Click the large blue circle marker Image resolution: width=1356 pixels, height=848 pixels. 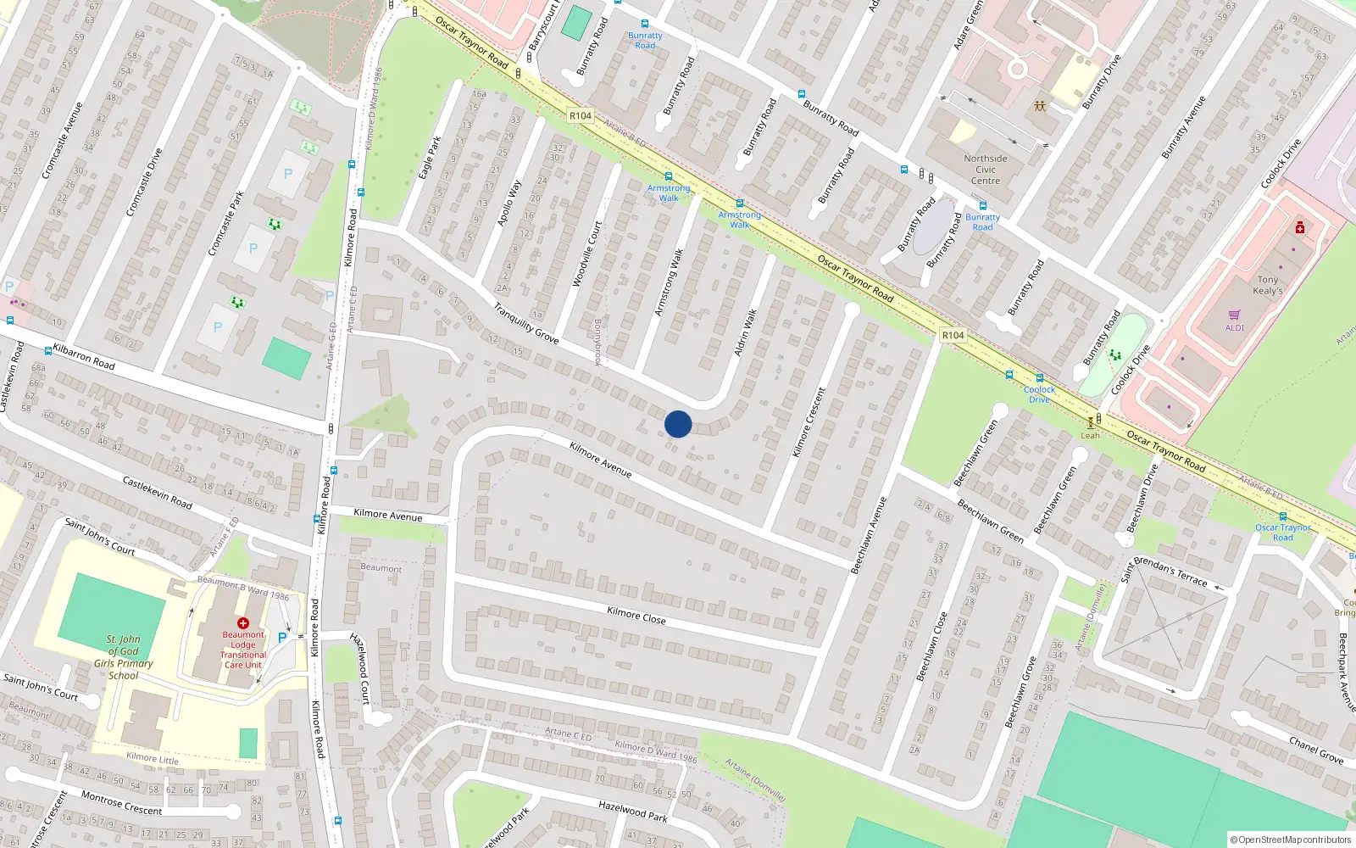coord(678,424)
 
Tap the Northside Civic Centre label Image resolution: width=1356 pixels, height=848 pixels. coord(986,170)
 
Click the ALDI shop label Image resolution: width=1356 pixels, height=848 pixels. coord(1235,328)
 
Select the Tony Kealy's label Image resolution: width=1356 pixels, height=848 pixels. coord(1268,285)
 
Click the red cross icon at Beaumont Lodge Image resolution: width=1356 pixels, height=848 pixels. coord(243,623)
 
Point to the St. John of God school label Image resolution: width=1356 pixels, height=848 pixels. coord(124,657)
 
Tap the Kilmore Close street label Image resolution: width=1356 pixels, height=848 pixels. coord(636,616)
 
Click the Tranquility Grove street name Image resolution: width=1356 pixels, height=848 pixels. coord(526,323)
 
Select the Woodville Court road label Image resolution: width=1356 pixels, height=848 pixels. coord(586,254)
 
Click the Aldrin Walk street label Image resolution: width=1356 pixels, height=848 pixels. coord(745,332)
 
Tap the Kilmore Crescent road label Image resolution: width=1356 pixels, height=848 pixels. coord(808,422)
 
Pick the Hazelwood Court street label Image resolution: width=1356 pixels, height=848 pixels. coord(360,667)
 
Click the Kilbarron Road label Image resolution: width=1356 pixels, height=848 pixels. coord(84,356)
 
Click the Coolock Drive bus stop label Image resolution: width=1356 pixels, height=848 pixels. coord(1039,394)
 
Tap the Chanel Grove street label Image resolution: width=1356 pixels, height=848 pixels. coord(1315,750)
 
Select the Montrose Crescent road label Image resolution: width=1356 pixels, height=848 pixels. coord(121,802)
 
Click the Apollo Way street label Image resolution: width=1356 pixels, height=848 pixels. coord(509,203)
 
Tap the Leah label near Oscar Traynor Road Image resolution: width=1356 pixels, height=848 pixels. coord(1090,436)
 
